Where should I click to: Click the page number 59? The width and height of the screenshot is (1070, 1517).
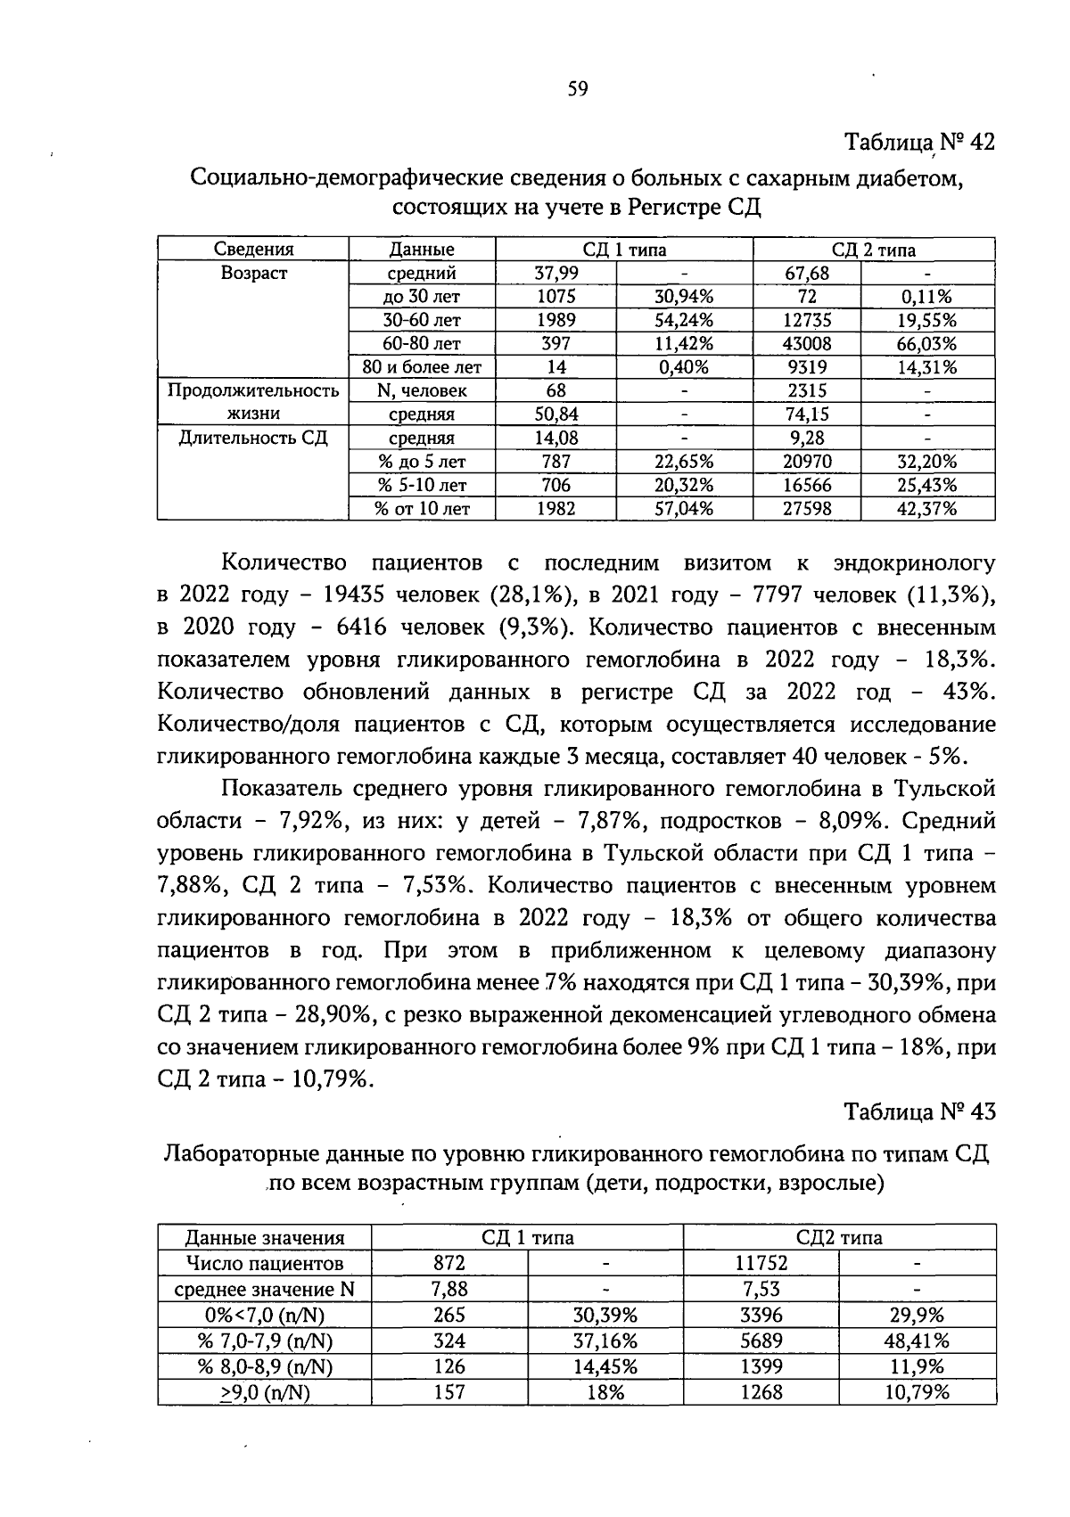click(x=578, y=88)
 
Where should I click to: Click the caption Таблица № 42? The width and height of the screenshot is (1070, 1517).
click(x=918, y=143)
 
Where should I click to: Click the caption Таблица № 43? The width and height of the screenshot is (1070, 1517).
click(x=918, y=1112)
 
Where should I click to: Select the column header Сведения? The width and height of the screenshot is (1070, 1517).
click(x=253, y=250)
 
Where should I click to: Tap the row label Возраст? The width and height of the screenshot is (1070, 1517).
click(x=253, y=274)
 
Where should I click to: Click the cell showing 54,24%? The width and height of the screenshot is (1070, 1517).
click(x=684, y=320)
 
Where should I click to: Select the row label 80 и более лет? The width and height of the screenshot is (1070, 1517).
click(x=422, y=367)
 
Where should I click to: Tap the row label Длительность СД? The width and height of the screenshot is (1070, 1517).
click(x=253, y=438)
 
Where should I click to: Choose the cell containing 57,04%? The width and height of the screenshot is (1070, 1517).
click(x=684, y=509)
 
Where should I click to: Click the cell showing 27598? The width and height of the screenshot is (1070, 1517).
click(x=806, y=509)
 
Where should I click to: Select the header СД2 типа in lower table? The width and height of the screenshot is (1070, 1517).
click(x=839, y=1237)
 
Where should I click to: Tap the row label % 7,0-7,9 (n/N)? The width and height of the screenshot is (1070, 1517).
click(x=264, y=1341)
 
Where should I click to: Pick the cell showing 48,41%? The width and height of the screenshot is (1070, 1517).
click(x=917, y=1341)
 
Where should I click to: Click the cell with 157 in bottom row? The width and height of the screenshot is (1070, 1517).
click(x=449, y=1392)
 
